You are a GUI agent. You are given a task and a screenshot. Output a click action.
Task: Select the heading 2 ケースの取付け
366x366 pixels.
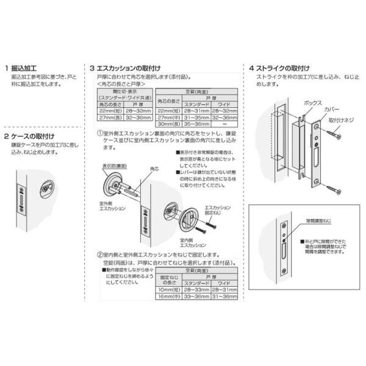pos(34,136)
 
